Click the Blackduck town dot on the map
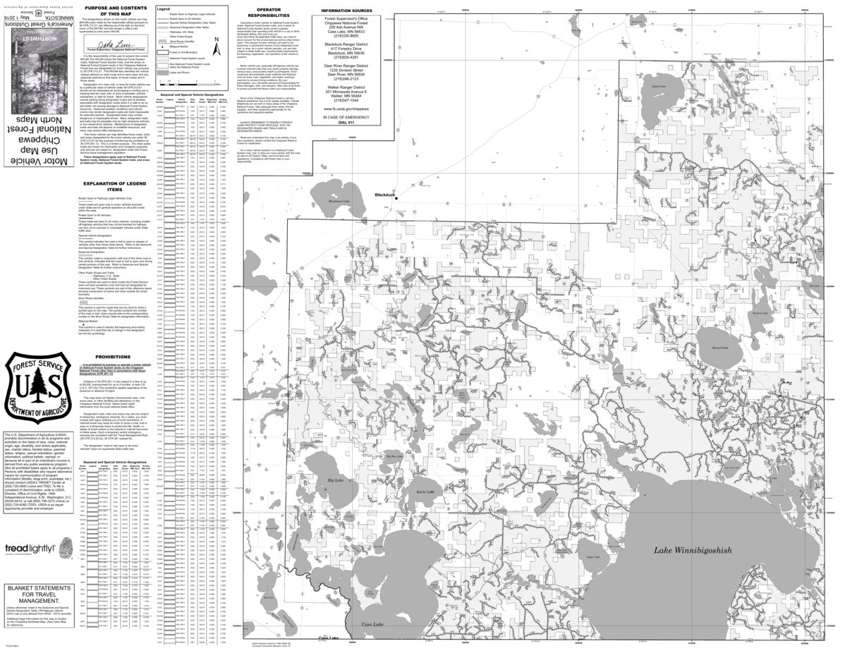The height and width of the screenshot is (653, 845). (396, 199)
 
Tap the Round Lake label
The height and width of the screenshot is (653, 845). (719, 347)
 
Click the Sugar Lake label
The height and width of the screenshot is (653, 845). (592, 577)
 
